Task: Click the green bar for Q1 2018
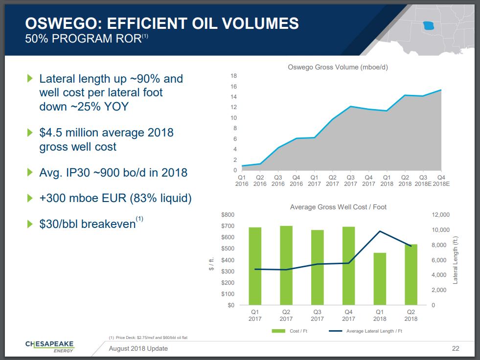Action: tap(380, 279)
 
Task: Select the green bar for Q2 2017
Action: tap(286, 265)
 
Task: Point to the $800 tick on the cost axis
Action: tap(228, 215)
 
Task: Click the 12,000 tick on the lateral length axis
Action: tap(440, 215)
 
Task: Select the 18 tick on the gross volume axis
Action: tap(234, 76)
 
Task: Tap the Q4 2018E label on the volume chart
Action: tap(441, 180)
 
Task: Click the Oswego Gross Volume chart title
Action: tap(338, 67)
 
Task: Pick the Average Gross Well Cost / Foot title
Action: tap(338, 207)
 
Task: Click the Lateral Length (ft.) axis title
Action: tap(456, 260)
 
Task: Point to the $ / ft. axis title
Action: tap(211, 260)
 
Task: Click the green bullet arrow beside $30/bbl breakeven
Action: tap(30, 225)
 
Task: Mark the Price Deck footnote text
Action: tap(148, 337)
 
